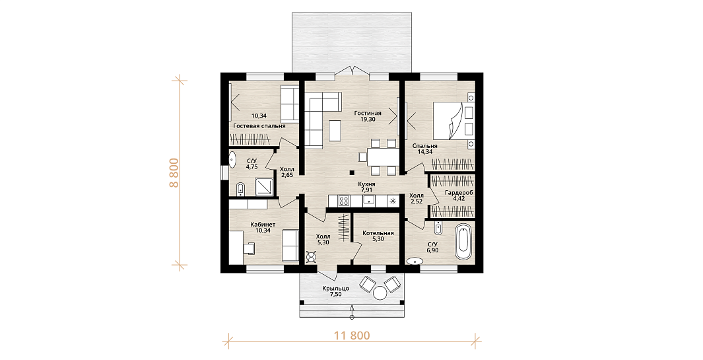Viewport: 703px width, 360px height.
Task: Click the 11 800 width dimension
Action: coord(352,336)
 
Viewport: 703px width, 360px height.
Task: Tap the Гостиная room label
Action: coord(367,113)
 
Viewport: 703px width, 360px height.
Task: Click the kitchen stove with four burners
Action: coord(345,201)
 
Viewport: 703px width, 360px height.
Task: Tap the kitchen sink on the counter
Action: coord(369,201)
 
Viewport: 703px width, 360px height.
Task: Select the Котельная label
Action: coord(378,233)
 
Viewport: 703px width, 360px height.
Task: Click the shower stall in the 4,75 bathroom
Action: coord(263,187)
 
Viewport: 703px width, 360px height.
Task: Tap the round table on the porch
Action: coord(380,293)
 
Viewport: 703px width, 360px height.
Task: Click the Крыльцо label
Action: coord(336,288)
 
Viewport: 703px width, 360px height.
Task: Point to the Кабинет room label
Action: coord(263,224)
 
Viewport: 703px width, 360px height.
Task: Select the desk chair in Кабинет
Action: coord(249,247)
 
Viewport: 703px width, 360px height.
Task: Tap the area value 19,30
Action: coord(368,120)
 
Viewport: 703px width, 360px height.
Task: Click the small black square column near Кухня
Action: coord(352,172)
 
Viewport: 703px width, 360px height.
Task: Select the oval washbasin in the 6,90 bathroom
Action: coord(415,261)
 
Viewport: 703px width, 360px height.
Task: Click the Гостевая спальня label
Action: coord(259,126)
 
